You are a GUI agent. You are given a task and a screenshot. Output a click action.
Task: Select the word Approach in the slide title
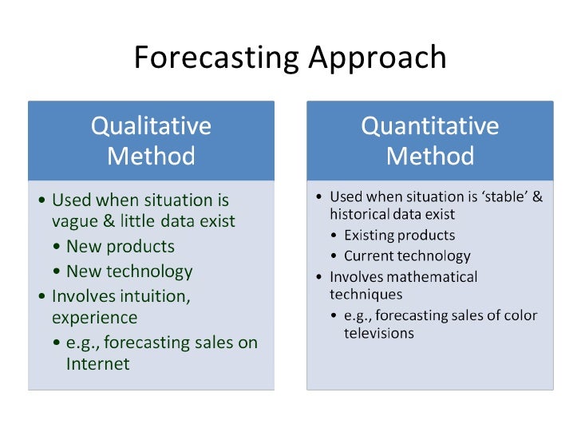pyautogui.click(x=377, y=57)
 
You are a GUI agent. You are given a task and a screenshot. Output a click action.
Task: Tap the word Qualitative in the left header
pyautogui.click(x=151, y=126)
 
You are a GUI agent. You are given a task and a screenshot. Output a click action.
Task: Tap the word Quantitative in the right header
pyautogui.click(x=429, y=126)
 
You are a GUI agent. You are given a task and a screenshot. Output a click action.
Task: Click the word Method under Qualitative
pyautogui.click(x=151, y=155)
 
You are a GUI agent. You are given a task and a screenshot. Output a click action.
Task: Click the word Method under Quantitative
pyautogui.click(x=429, y=155)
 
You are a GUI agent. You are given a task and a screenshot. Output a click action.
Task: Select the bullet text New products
pyautogui.click(x=120, y=246)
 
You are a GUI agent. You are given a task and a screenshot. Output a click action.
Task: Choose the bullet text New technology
pyautogui.click(x=129, y=271)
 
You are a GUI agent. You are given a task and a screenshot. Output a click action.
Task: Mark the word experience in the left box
pyautogui.click(x=94, y=318)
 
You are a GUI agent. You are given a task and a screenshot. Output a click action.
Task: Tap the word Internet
pyautogui.click(x=97, y=364)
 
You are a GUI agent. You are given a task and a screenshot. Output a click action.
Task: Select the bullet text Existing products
pyautogui.click(x=399, y=236)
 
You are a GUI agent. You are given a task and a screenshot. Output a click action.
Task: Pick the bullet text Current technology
pyautogui.click(x=407, y=256)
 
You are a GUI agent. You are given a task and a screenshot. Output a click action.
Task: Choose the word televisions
pyautogui.click(x=379, y=333)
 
